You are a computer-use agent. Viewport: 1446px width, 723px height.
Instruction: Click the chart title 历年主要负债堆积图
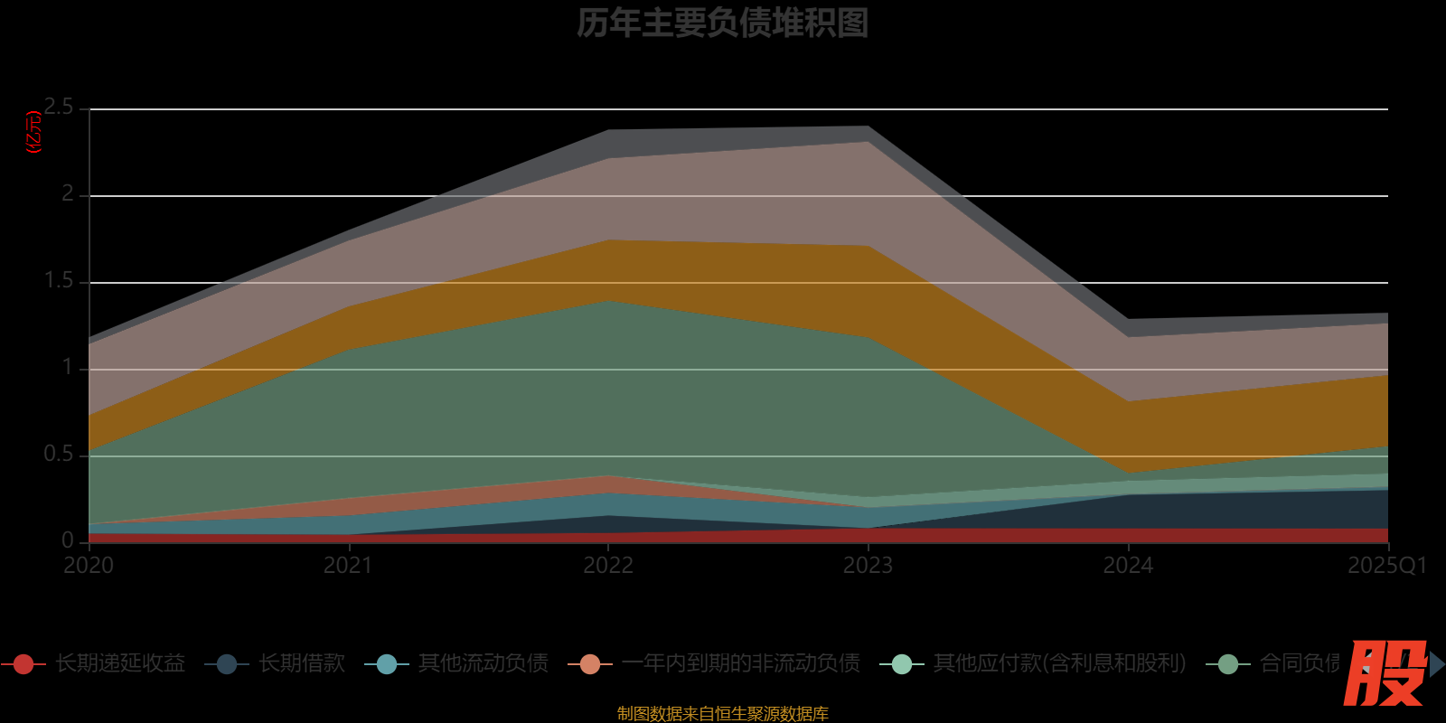point(722,23)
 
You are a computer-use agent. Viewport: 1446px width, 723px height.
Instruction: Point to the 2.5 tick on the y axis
point(60,108)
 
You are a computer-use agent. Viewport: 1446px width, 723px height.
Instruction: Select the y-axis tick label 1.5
point(60,281)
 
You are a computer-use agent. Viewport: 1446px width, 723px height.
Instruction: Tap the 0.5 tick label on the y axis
point(60,455)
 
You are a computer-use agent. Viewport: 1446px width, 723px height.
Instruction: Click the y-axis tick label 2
point(68,194)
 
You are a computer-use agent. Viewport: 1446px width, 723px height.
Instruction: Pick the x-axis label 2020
point(89,566)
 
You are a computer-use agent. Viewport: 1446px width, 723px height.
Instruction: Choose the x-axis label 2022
point(608,566)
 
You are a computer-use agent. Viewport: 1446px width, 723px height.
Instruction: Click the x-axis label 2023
point(868,566)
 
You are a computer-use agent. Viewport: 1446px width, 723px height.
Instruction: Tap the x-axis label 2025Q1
point(1386,566)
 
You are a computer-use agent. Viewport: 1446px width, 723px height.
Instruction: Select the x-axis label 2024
point(1128,566)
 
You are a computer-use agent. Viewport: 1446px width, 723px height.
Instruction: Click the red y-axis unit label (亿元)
point(34,132)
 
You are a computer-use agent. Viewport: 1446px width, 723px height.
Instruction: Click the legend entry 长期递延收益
point(119,663)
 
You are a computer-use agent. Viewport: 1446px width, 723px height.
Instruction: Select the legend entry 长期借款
point(302,663)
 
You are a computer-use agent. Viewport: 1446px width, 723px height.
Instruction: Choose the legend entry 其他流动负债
point(483,663)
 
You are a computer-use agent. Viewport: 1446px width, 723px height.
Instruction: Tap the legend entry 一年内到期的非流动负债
point(740,663)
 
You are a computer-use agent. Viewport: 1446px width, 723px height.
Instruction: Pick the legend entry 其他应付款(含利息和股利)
point(1059,663)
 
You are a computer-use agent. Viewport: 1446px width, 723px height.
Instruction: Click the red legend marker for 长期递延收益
point(23,664)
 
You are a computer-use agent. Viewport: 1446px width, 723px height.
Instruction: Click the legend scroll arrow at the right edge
point(1437,664)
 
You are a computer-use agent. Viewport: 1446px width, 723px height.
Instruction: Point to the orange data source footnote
point(722,714)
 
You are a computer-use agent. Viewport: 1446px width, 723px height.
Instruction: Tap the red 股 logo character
point(1385,672)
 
